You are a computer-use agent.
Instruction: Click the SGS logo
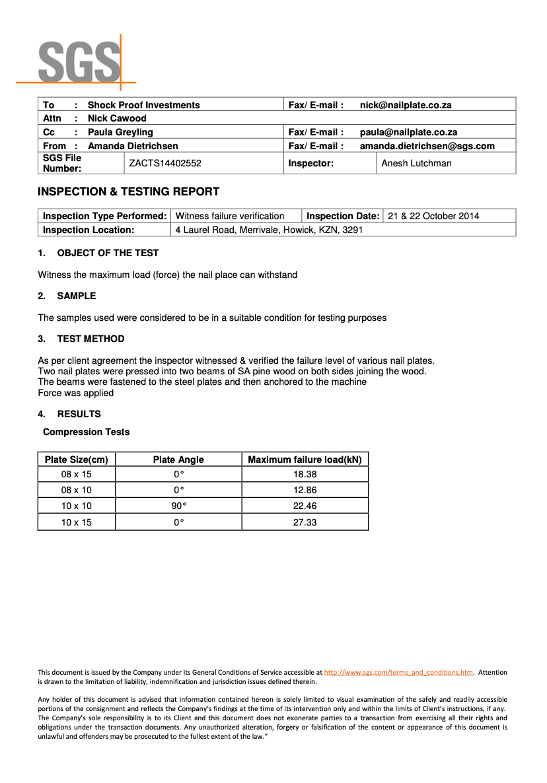click(x=76, y=61)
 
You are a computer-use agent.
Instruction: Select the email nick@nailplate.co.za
click(x=406, y=105)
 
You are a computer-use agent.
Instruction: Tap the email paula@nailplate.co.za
click(x=408, y=132)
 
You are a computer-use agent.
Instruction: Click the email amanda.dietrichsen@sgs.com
click(x=427, y=146)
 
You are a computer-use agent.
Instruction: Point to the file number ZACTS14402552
click(x=165, y=163)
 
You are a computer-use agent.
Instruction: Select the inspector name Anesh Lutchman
click(x=416, y=163)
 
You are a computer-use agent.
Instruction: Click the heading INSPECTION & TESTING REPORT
click(x=128, y=192)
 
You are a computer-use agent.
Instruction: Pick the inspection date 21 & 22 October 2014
click(x=433, y=216)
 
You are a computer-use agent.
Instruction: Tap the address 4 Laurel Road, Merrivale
click(x=269, y=230)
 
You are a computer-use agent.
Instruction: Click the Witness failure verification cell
click(x=230, y=216)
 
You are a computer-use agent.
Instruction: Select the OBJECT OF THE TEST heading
click(x=108, y=253)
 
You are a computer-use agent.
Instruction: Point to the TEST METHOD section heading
click(x=91, y=339)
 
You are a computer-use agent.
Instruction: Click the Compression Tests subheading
click(x=86, y=432)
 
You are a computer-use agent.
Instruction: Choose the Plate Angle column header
click(x=178, y=460)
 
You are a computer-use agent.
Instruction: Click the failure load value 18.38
click(x=305, y=474)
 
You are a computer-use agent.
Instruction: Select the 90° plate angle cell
click(x=178, y=506)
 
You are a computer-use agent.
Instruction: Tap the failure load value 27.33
click(x=305, y=522)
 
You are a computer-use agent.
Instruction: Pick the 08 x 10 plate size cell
click(x=76, y=490)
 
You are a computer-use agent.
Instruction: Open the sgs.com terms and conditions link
click(x=398, y=672)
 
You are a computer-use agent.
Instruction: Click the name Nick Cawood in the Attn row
click(x=117, y=118)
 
